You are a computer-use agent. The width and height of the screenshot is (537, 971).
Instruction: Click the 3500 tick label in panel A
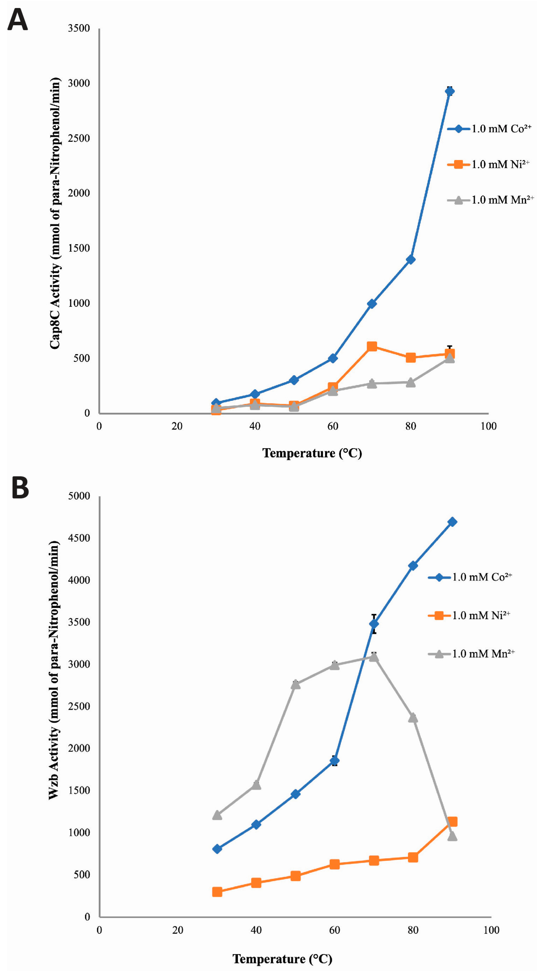click(79, 28)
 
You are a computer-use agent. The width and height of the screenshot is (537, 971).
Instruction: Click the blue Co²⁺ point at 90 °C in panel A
click(449, 91)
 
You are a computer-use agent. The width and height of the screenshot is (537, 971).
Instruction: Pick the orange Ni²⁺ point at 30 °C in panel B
click(217, 892)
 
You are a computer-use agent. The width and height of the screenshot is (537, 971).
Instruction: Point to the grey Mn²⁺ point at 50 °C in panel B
click(295, 684)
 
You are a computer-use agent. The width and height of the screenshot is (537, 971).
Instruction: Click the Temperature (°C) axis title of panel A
click(312, 453)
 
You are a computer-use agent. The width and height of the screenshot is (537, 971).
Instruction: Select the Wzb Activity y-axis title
click(54, 670)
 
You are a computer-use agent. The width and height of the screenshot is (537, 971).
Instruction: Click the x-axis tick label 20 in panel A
click(177, 426)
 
